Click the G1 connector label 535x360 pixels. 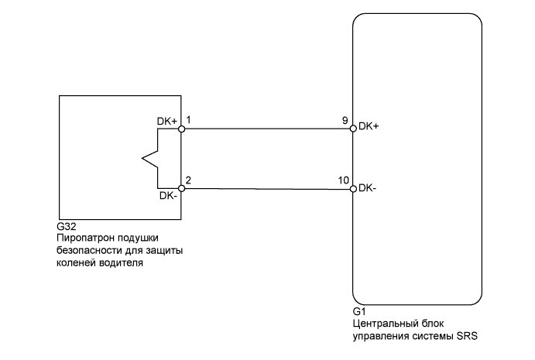pyautogui.click(x=358, y=312)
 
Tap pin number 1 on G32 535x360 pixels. pyautogui.click(x=190, y=121)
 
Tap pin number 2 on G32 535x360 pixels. pyautogui.click(x=190, y=180)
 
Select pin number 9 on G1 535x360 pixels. pyautogui.click(x=344, y=121)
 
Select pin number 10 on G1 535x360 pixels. pyautogui.click(x=342, y=180)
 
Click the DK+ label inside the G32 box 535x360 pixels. pyautogui.click(x=167, y=122)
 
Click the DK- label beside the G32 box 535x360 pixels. pyautogui.click(x=169, y=196)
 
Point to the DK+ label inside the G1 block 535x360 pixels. pyautogui.click(x=370, y=125)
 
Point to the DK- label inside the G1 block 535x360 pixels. pyautogui.click(x=369, y=188)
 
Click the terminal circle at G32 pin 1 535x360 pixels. pyautogui.click(x=181, y=129)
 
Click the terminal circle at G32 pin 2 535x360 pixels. pyautogui.click(x=181, y=188)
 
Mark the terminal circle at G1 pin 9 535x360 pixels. pyautogui.click(x=353, y=129)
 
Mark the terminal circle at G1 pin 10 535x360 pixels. pyautogui.click(x=353, y=188)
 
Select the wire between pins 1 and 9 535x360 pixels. pyautogui.click(x=267, y=129)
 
